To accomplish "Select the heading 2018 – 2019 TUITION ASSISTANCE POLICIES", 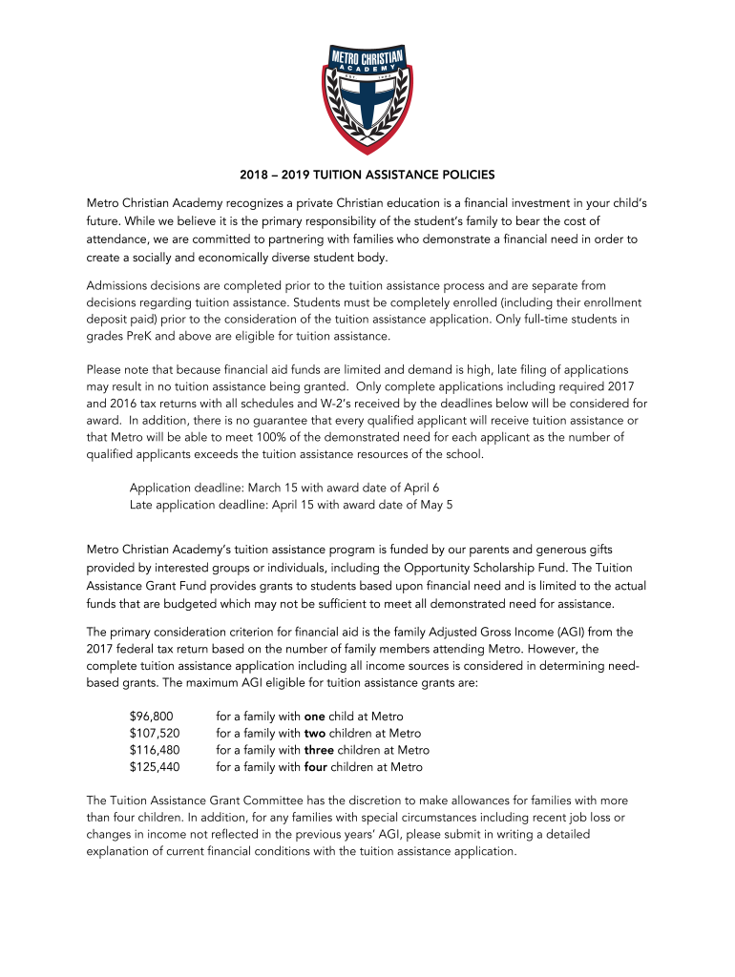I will point(367,176).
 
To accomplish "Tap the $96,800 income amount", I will point(151,717).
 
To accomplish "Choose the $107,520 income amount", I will point(154,734).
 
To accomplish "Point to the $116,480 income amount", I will point(154,750).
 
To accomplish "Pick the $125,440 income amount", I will point(154,767).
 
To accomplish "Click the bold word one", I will point(314,717).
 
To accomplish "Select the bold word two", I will point(315,734).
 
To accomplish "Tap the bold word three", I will point(320,750).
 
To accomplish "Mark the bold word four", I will point(318,767).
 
